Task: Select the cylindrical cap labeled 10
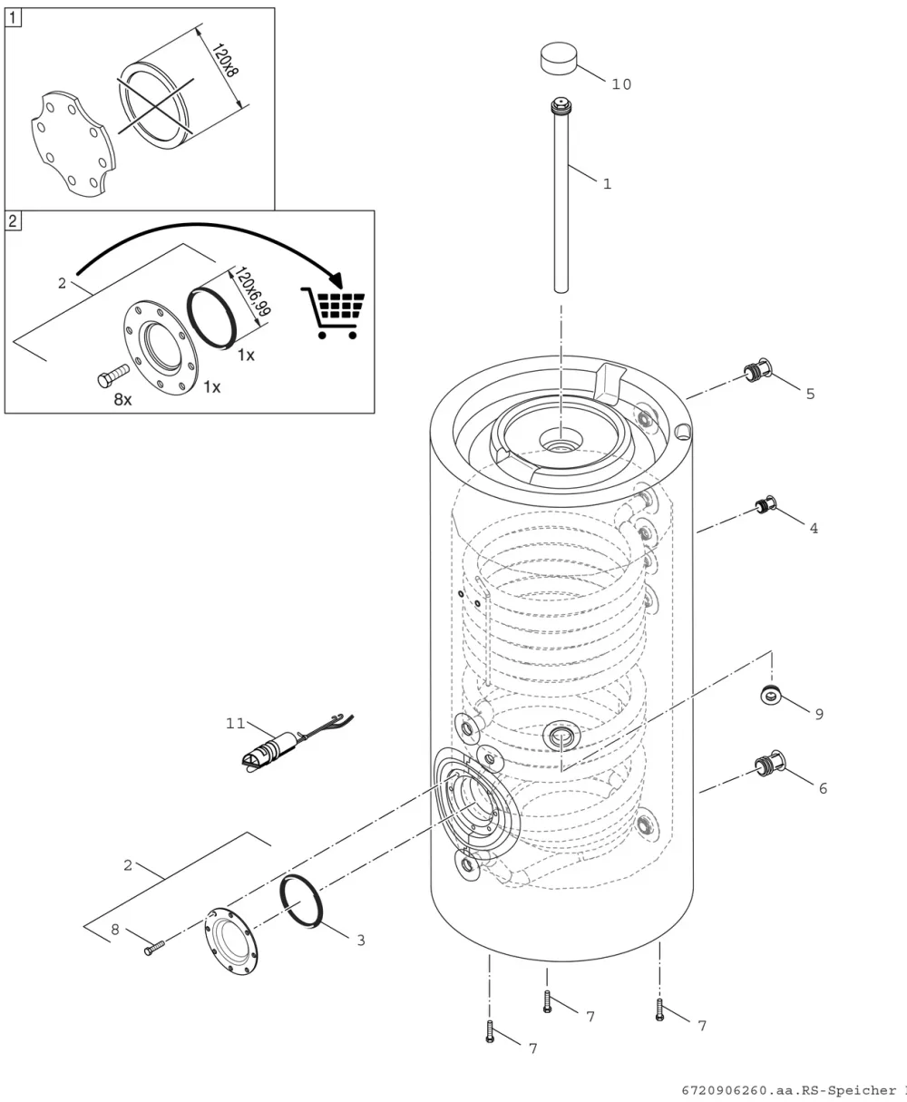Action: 559,59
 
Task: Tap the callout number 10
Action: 621,84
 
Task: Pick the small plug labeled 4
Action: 766,505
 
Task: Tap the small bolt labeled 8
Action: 154,947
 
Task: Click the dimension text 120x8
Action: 225,60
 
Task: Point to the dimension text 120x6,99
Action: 252,290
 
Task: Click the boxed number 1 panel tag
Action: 13,18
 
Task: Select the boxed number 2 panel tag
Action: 13,220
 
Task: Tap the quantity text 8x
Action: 122,400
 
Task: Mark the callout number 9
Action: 819,714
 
